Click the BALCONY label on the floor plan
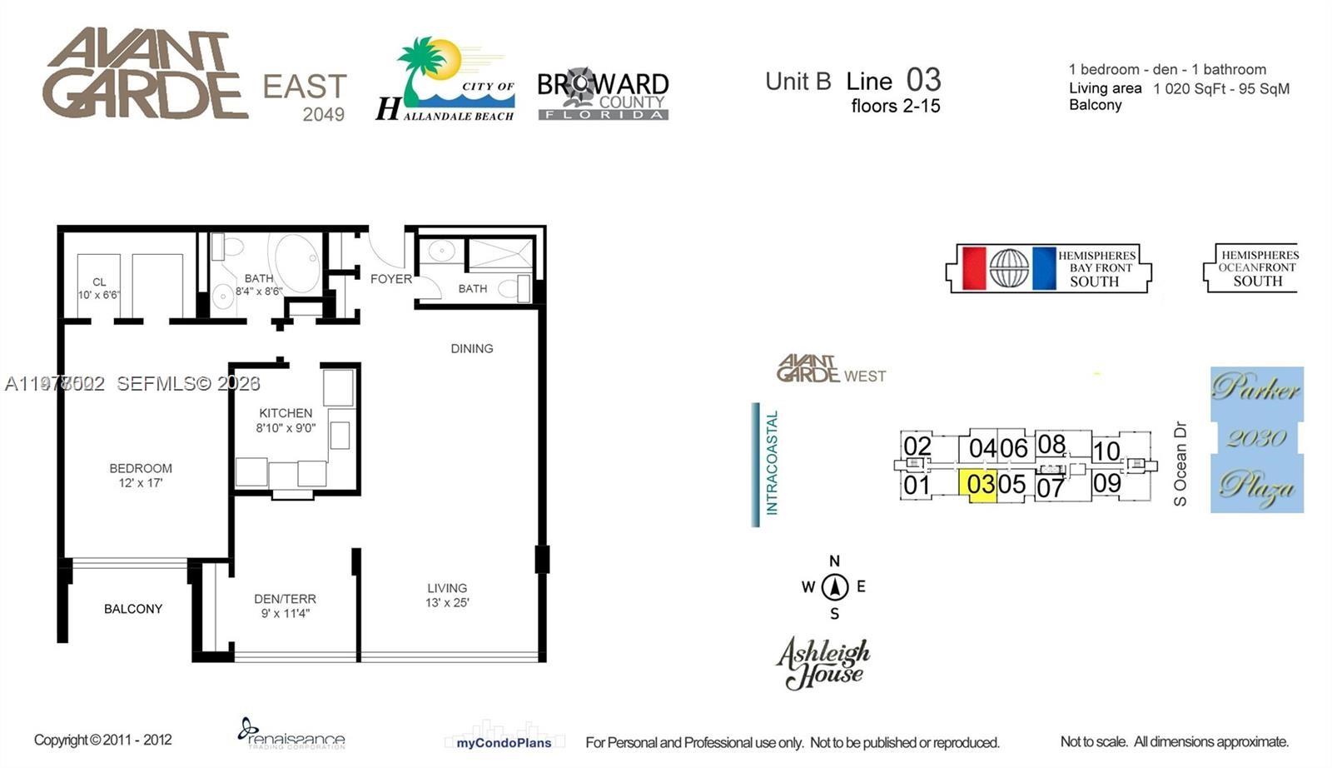(x=133, y=609)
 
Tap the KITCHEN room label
(x=286, y=413)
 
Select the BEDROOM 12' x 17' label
(x=141, y=476)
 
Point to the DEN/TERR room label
(x=285, y=606)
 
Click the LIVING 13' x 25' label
(x=447, y=595)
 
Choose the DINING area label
(x=472, y=348)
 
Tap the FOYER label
(x=391, y=279)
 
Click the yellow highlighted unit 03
(x=981, y=485)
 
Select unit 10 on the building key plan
(x=1106, y=451)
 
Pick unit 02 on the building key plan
(x=917, y=447)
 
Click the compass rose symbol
(x=834, y=586)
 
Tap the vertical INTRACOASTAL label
(x=772, y=463)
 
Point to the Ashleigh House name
(x=823, y=663)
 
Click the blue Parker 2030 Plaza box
(x=1256, y=439)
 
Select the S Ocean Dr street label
(x=1180, y=463)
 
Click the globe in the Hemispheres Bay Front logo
(x=1009, y=268)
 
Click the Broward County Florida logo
(x=603, y=93)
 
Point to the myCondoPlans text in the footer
(x=504, y=742)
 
